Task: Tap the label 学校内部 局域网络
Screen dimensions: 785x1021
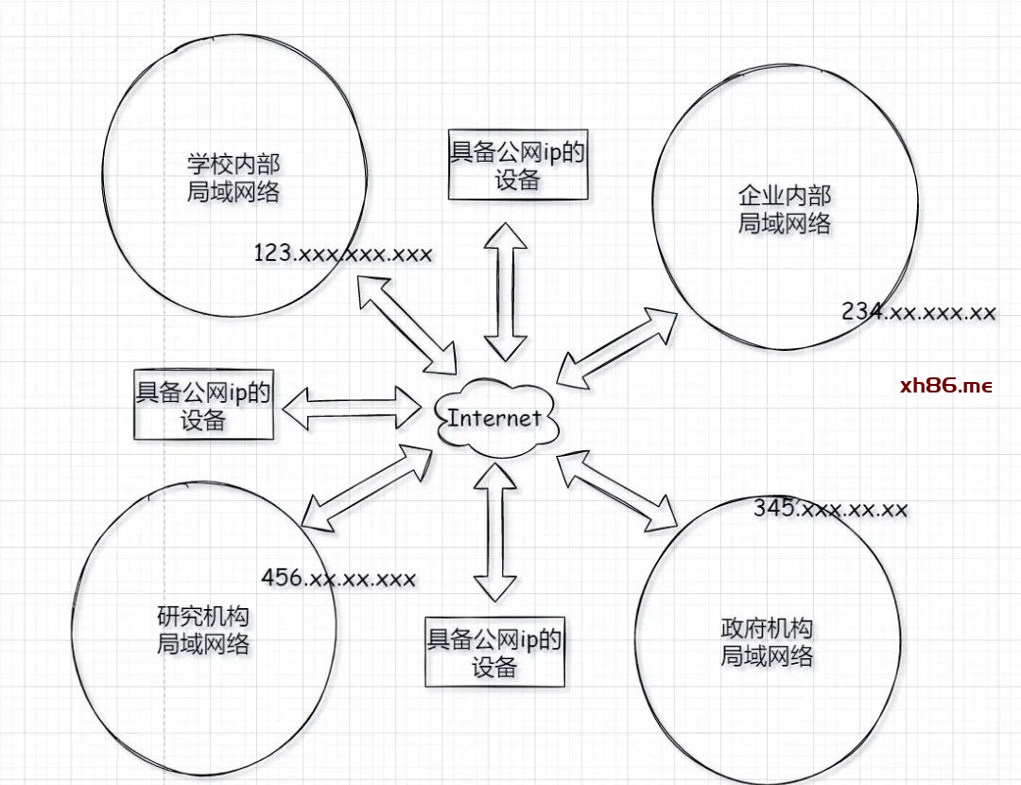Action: (234, 178)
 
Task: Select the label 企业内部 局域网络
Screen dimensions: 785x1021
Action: (784, 209)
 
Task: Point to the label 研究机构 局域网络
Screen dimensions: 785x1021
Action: (202, 631)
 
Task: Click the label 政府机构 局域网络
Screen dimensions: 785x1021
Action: (767, 642)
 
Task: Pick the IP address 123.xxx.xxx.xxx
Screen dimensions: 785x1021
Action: (343, 253)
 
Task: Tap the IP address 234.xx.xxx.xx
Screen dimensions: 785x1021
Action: (918, 312)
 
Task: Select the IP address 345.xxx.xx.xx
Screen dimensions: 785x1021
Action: (831, 509)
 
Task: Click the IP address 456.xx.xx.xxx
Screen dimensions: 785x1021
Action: (337, 577)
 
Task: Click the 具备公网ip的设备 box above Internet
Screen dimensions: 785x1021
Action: (517, 166)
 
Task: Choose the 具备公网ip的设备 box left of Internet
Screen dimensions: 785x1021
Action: (203, 404)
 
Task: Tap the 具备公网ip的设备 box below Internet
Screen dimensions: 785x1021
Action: (494, 653)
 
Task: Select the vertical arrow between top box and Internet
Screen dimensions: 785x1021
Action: (506, 291)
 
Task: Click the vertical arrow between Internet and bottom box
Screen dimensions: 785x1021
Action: (495, 532)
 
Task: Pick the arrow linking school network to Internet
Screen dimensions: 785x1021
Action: (407, 324)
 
